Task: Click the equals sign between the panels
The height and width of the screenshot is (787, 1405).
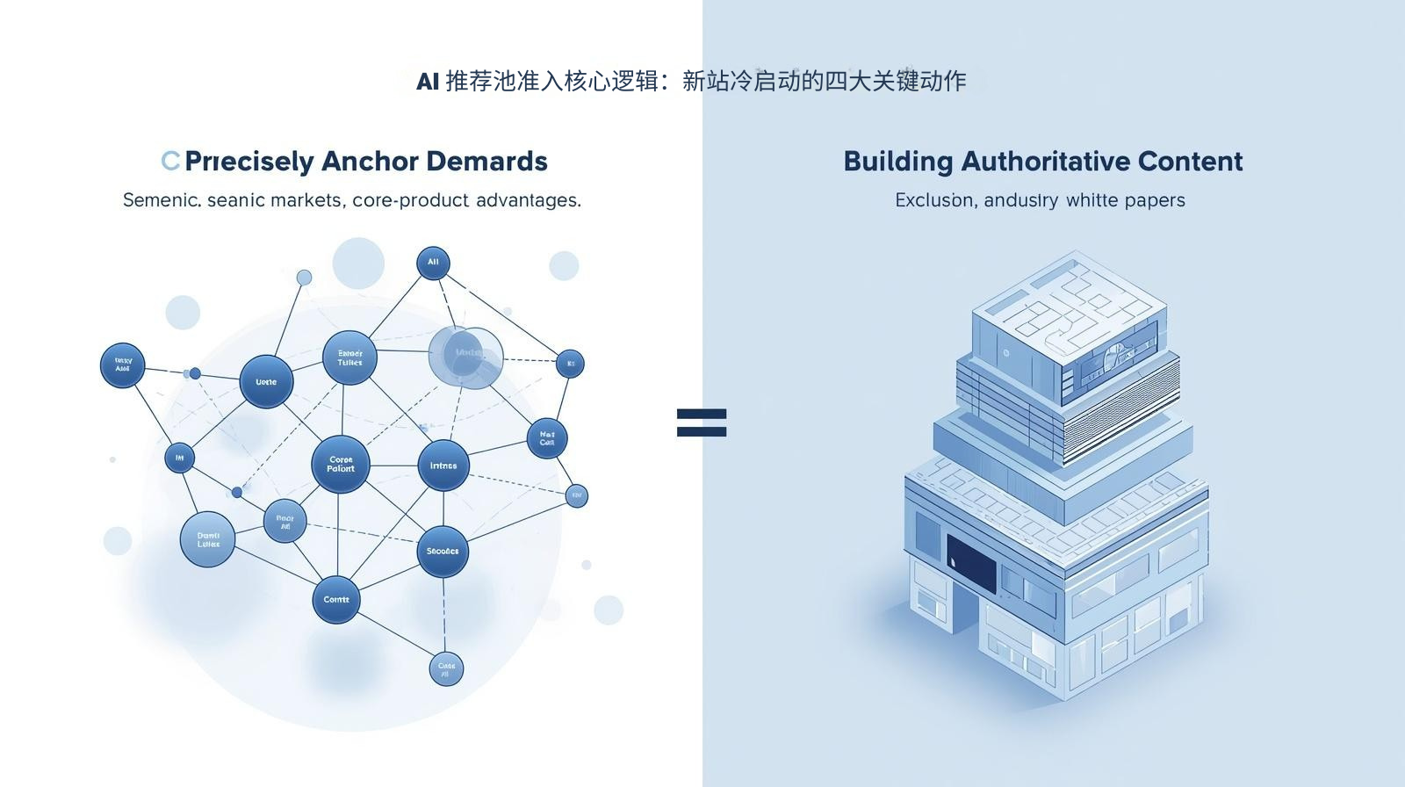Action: pyautogui.click(x=702, y=422)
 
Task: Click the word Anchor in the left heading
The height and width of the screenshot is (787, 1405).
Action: pyautogui.click(x=370, y=162)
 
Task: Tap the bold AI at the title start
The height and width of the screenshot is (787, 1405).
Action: pyautogui.click(x=428, y=82)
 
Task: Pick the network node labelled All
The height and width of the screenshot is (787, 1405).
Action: pyautogui.click(x=433, y=263)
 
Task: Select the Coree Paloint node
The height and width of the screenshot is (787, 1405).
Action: pyautogui.click(x=341, y=465)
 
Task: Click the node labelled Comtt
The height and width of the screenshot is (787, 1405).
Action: pyautogui.click(x=336, y=600)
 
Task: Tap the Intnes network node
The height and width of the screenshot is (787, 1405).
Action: pyautogui.click(x=443, y=466)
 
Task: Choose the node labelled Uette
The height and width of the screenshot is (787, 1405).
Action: pyautogui.click(x=266, y=382)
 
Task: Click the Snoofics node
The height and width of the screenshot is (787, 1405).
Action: pyautogui.click(x=443, y=552)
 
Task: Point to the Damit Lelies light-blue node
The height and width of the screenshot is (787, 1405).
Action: pyautogui.click(x=208, y=539)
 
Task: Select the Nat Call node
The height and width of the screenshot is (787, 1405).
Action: pyautogui.click(x=547, y=437)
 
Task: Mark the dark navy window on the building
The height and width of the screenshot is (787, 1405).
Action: pyautogui.click(x=971, y=564)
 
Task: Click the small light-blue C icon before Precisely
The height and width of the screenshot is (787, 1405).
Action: pyautogui.click(x=170, y=161)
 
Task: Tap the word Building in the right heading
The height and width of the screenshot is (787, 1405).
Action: pyautogui.click(x=897, y=162)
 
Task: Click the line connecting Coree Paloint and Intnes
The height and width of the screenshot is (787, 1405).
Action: pyautogui.click(x=393, y=466)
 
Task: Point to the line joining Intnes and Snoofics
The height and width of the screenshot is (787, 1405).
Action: pyautogui.click(x=443, y=509)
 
